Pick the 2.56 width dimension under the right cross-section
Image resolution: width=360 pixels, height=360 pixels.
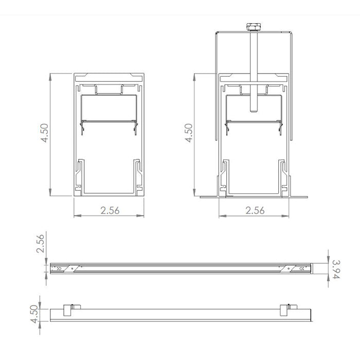tap(255, 210)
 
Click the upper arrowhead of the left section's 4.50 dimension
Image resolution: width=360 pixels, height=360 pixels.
tap(50, 76)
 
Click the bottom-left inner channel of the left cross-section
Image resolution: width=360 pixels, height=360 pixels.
tap(80, 175)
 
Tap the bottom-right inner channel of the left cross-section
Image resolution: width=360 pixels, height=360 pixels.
tap(137, 175)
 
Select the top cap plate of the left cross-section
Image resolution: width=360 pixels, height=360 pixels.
tap(109, 77)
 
